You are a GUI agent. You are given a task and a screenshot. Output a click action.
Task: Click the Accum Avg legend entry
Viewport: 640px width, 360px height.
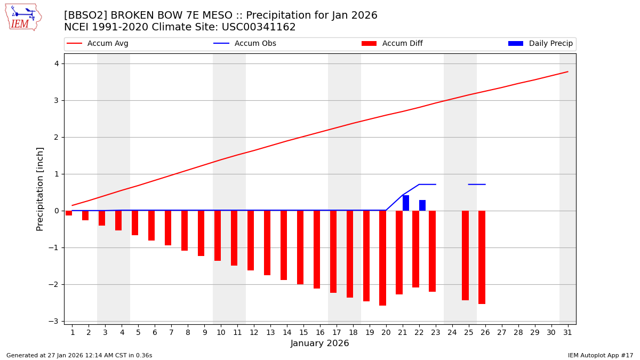98,44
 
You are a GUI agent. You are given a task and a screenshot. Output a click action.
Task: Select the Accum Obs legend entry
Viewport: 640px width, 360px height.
245,44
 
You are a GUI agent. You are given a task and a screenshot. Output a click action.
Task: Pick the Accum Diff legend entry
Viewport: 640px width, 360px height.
392,44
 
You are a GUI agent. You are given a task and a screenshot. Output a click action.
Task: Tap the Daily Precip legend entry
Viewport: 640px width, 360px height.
540,44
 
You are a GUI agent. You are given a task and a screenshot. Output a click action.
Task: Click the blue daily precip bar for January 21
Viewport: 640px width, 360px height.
406,203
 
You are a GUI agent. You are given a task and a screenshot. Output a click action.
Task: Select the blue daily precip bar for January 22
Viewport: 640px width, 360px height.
422,205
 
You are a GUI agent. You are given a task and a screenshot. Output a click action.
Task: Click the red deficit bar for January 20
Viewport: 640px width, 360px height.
382,258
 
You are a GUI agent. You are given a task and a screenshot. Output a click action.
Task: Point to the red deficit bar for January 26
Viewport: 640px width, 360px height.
482,257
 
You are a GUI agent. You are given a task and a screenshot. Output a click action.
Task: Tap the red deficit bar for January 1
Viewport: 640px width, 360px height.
69,213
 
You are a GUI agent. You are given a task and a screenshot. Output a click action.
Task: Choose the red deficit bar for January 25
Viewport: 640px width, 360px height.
465,255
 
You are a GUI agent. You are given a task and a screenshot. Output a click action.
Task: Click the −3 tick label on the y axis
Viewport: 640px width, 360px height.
54,321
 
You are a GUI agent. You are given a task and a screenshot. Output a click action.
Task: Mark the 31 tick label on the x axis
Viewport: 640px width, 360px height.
567,332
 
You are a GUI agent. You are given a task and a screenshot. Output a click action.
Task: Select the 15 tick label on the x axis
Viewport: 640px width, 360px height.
303,332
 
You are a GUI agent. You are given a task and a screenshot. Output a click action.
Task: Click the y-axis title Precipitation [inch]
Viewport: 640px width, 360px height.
41,189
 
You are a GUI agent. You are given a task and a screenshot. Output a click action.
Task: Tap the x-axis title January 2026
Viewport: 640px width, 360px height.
319,343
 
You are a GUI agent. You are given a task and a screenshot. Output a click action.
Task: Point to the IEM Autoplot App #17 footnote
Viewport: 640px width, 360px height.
601,355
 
